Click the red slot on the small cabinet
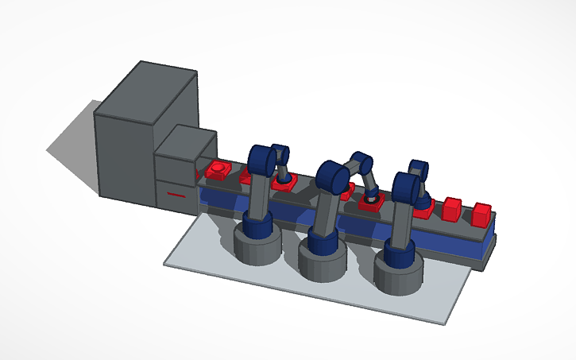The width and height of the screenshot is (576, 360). tap(176, 194)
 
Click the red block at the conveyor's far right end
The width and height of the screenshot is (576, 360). tap(481, 215)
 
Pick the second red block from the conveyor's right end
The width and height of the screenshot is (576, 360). tap(452, 209)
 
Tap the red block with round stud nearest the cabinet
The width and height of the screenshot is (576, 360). tap(218, 171)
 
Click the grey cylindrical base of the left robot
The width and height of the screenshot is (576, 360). tap(257, 247)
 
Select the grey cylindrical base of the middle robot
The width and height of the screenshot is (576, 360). tap(323, 261)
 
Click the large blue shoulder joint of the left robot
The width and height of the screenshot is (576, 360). tap(261, 160)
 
